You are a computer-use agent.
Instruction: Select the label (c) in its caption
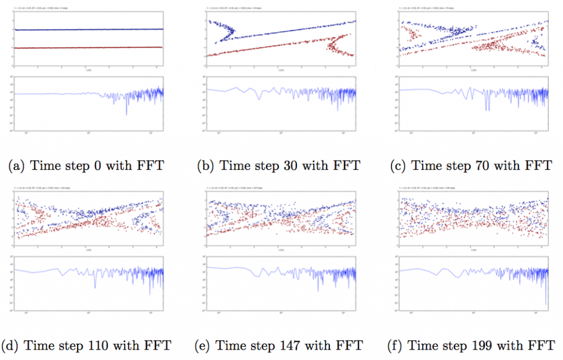click(401, 165)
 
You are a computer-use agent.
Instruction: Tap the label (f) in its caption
click(398, 346)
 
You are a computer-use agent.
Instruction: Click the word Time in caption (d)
click(37, 346)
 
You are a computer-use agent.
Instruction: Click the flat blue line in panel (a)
click(88, 29)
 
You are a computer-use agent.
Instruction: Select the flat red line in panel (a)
click(88, 48)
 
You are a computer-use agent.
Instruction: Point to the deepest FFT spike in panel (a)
click(126, 114)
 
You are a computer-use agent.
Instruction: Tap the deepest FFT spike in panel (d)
click(95, 286)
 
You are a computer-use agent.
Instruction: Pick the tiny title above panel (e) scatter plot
click(231, 189)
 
